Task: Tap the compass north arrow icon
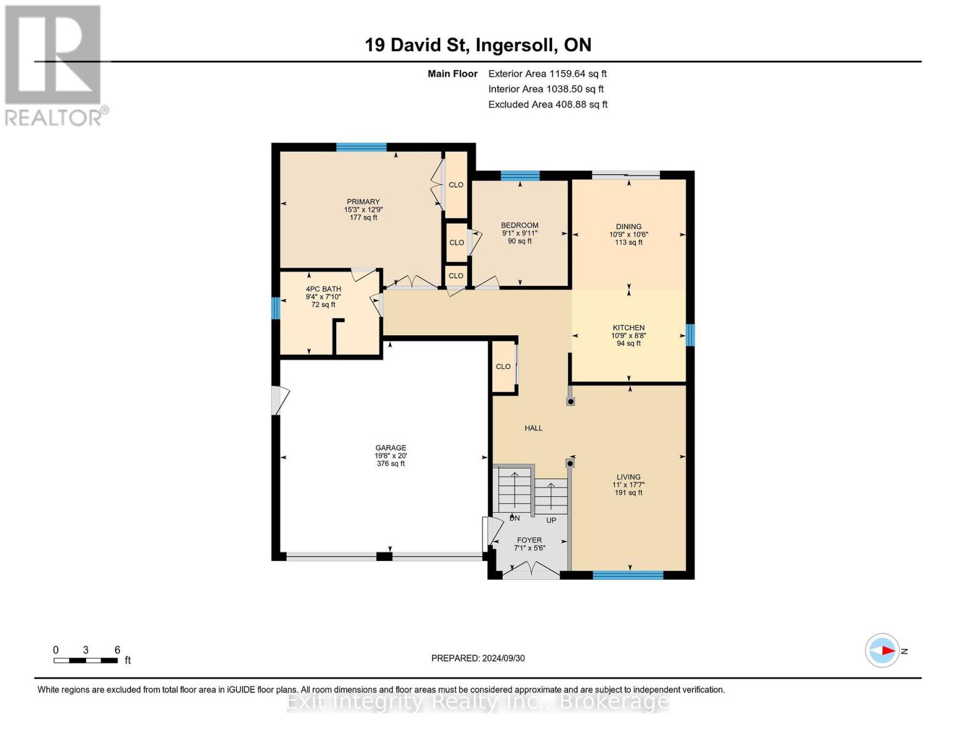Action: click(x=882, y=651)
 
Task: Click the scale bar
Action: click(x=86, y=660)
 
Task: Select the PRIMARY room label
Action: click(x=363, y=202)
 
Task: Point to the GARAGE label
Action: click(x=391, y=448)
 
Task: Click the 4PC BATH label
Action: click(x=323, y=289)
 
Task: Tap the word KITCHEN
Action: click(x=629, y=328)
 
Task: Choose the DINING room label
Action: click(x=629, y=227)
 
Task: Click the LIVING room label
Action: click(x=629, y=477)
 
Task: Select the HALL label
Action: click(x=533, y=428)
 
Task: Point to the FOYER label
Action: click(x=529, y=540)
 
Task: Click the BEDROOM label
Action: click(x=520, y=226)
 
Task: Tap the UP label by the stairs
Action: click(x=551, y=520)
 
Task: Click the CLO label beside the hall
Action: click(x=504, y=367)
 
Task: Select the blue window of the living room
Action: click(x=628, y=575)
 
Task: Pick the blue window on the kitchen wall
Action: click(x=690, y=335)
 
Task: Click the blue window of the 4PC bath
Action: click(x=275, y=308)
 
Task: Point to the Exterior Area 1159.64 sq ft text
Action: click(x=547, y=74)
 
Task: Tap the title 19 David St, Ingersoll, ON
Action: click(x=478, y=45)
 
